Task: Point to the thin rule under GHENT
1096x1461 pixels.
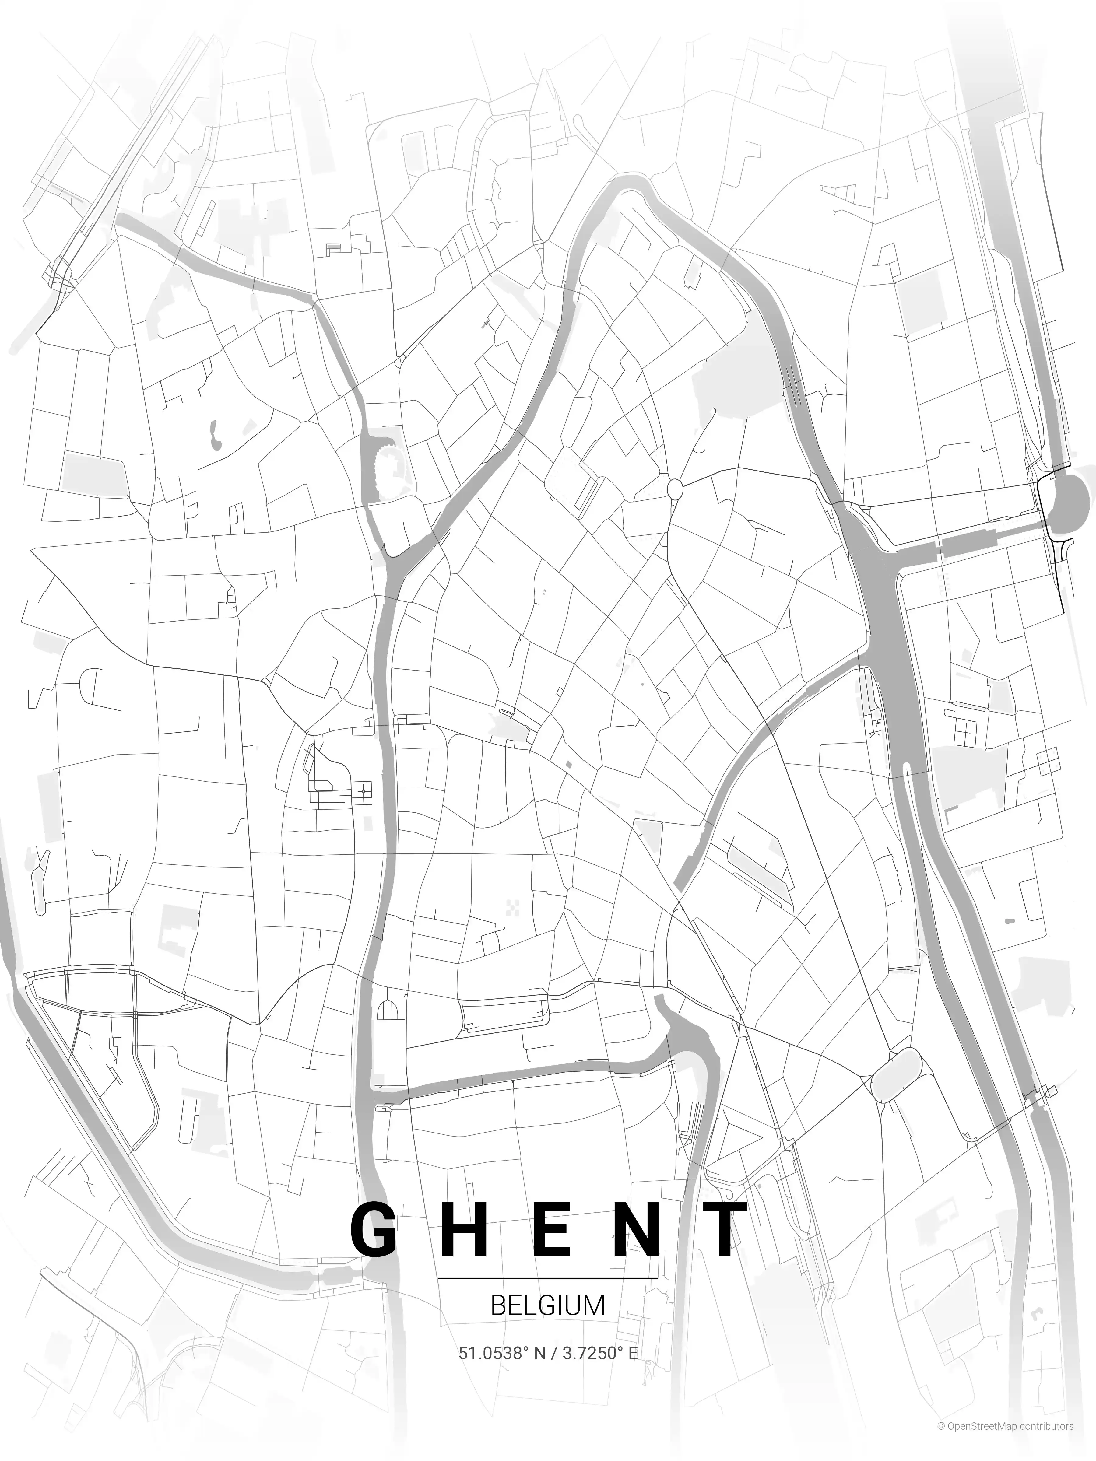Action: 548,1278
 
